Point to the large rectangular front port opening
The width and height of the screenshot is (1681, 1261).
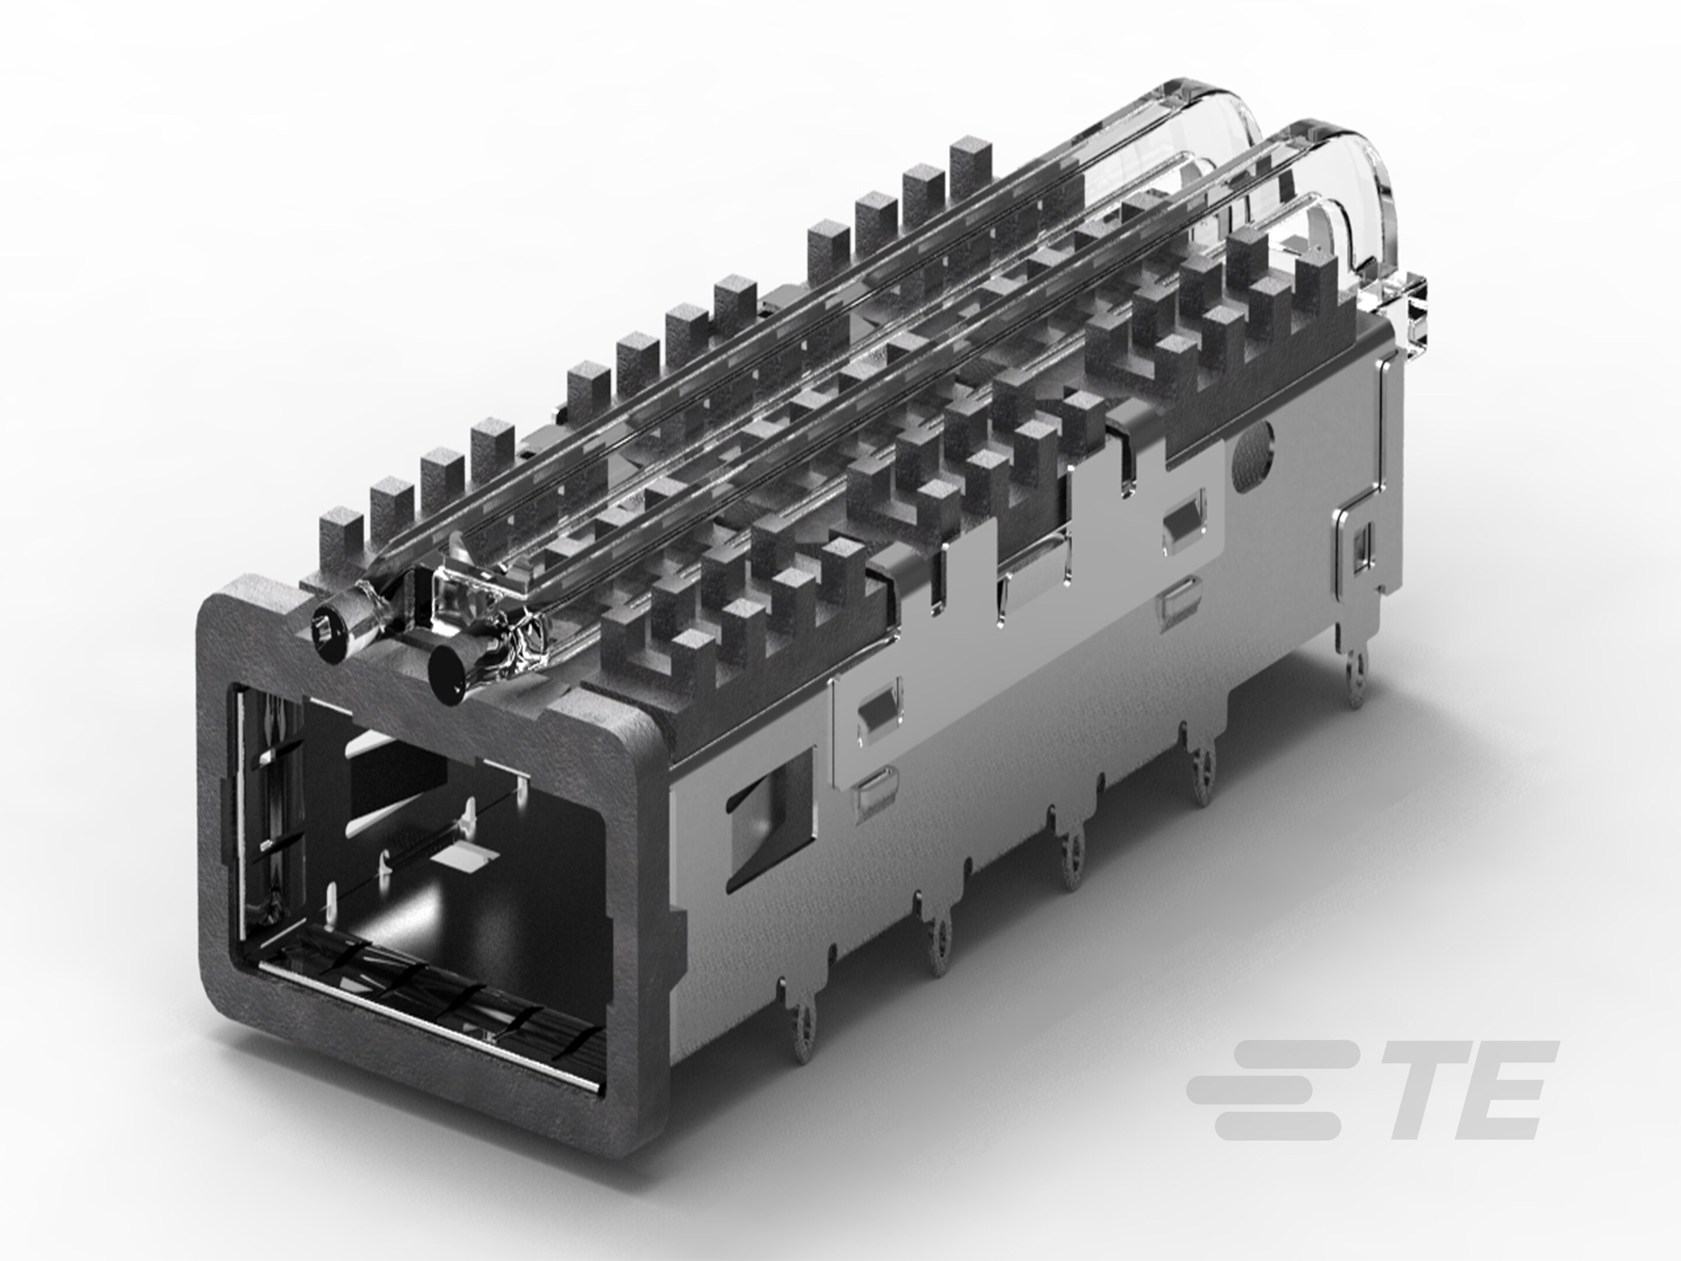pos(426,859)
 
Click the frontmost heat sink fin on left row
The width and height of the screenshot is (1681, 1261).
pos(340,532)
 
